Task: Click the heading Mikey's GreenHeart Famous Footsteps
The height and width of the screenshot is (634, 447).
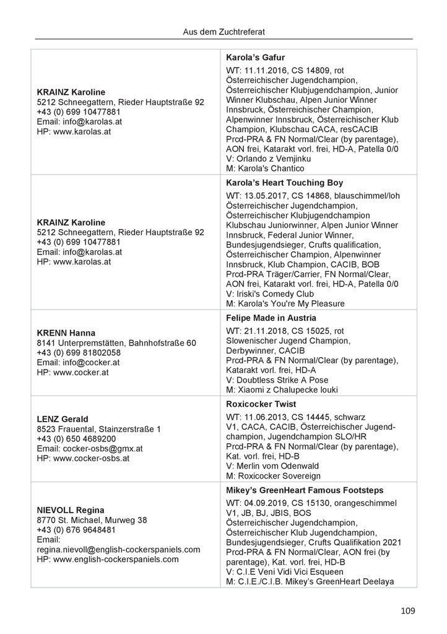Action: (x=303, y=490)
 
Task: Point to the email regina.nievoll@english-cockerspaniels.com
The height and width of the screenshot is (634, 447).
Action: (x=119, y=549)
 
